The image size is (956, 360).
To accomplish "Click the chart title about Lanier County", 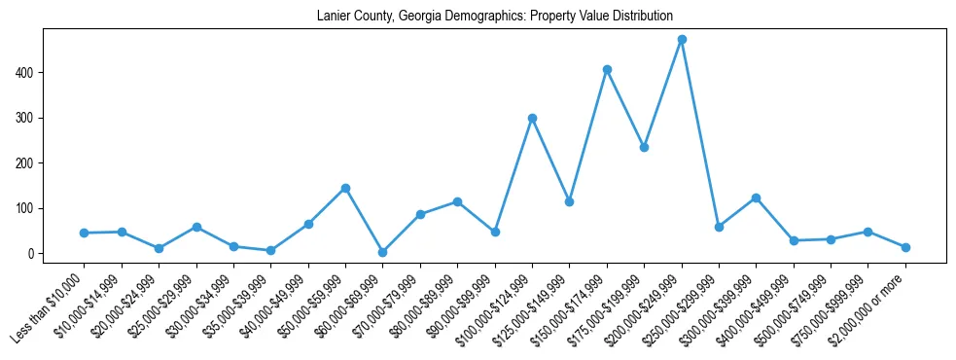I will coord(495,17).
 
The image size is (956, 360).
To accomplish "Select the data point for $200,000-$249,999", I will coord(682,40).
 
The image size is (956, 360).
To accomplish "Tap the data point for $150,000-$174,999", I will coord(607,69).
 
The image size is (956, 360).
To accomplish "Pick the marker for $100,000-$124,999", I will coord(532,118).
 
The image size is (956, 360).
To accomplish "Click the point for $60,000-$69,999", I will coord(383,252).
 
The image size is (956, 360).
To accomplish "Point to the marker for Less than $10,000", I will coord(85,233).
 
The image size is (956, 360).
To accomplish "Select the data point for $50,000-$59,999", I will coord(345,188).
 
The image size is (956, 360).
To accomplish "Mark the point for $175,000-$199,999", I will coord(644,147).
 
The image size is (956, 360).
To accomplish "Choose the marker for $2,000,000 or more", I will coord(905,247).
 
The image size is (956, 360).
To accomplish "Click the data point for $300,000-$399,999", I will coord(756,198).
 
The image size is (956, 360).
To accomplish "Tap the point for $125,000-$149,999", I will coord(569,201).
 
